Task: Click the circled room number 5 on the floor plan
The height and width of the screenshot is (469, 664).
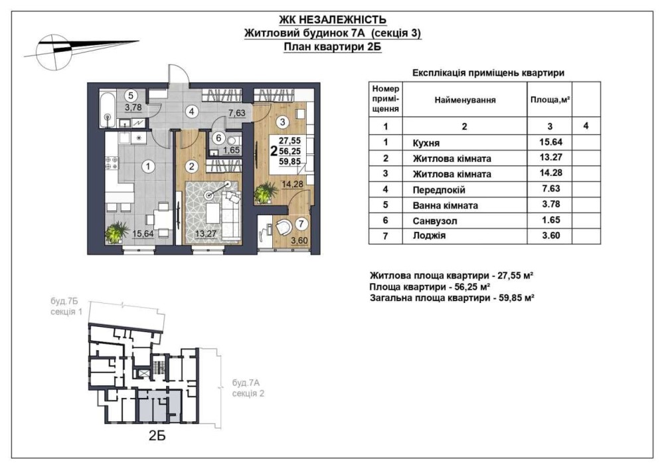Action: [x=131, y=96]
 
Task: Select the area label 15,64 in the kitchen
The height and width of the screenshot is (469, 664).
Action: [x=143, y=233]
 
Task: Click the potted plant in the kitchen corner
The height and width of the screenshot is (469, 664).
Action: [x=117, y=231]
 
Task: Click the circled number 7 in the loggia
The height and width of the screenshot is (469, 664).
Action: [x=301, y=223]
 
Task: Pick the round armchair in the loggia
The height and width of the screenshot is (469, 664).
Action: [x=281, y=227]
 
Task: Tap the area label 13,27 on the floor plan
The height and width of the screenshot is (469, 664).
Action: [x=206, y=233]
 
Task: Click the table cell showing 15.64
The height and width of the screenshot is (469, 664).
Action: [x=550, y=142]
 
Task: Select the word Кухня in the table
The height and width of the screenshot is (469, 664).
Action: [x=426, y=143]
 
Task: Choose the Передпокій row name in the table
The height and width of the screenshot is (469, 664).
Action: [x=439, y=190]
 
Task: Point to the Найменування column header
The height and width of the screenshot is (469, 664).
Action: [x=465, y=100]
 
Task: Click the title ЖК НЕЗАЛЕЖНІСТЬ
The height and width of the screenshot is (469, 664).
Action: [x=333, y=20]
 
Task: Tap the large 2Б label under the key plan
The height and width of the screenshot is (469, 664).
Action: [x=157, y=436]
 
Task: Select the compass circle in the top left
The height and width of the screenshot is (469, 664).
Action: [x=54, y=52]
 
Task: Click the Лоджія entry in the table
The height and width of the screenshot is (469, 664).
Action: [x=429, y=236]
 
